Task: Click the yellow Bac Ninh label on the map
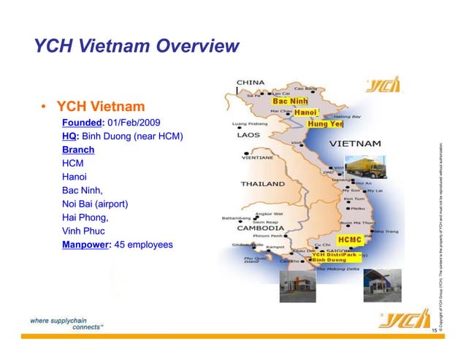tap(290, 101)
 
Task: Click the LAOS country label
tap(247, 135)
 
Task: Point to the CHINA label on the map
tap(251, 82)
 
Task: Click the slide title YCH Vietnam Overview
tap(136, 47)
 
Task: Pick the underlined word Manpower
tap(85, 245)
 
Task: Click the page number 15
tap(434, 332)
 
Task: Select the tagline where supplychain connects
tap(66, 323)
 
